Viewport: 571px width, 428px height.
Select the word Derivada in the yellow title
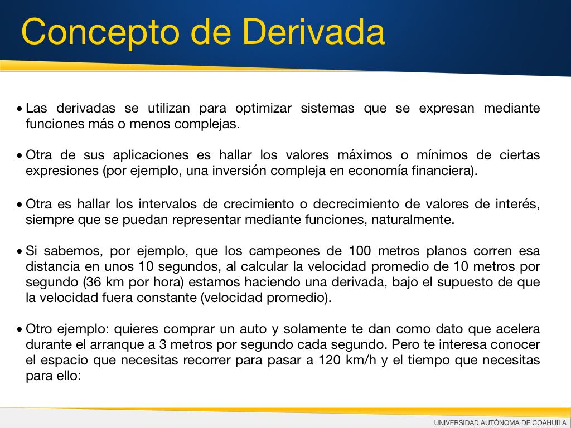(x=313, y=31)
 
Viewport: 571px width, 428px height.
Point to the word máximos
(x=365, y=155)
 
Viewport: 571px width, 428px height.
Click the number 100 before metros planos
(x=360, y=251)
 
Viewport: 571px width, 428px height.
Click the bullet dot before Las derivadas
(x=20, y=109)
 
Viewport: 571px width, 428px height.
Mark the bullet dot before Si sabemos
(x=20, y=252)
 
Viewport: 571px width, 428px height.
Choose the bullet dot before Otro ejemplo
(x=20, y=330)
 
